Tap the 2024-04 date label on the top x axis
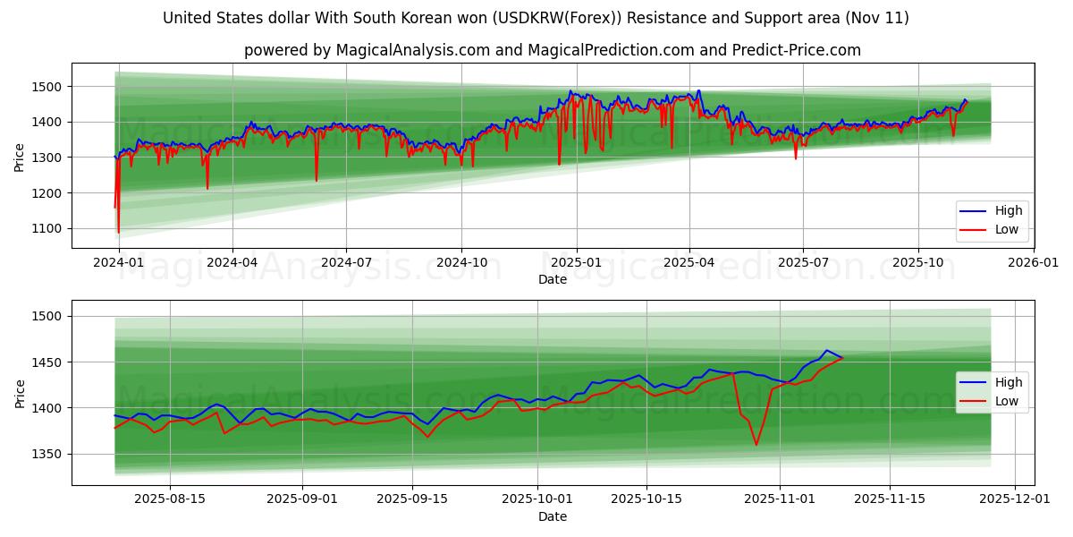tap(232, 263)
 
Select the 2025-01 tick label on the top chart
tap(576, 263)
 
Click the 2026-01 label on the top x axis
tap(1033, 263)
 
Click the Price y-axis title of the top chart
tap(20, 156)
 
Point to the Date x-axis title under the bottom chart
tap(552, 516)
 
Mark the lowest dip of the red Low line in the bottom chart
tap(756, 444)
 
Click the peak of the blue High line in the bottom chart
tap(826, 350)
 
